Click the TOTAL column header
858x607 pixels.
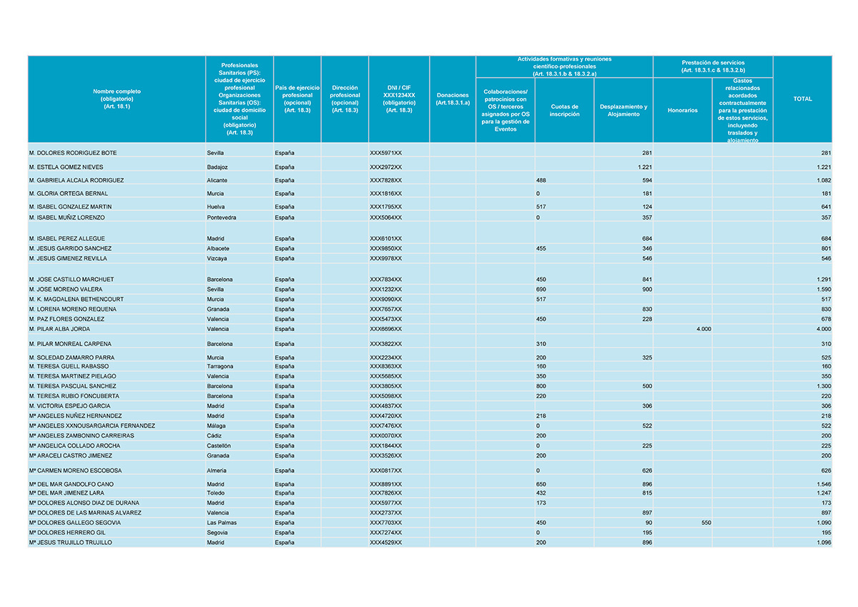coord(802,99)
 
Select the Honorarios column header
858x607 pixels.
coord(682,110)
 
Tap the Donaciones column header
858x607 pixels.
coord(452,99)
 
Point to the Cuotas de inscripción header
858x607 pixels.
coord(564,110)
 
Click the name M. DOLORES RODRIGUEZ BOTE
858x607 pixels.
coord(73,153)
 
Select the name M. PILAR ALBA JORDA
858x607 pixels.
coord(59,329)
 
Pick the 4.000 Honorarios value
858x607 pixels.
coord(703,329)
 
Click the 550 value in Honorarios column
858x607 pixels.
coord(705,523)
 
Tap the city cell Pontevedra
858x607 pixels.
coord(222,217)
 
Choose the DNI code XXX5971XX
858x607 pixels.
coord(385,153)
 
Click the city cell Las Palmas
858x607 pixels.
coord(222,523)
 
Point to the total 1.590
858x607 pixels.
coord(824,289)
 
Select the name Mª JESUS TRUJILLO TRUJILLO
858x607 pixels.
coord(70,543)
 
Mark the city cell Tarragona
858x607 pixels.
coord(220,366)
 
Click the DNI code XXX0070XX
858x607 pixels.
coord(385,435)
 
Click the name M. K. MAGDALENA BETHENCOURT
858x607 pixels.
coord(76,299)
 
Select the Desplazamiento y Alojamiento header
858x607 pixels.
coord(623,110)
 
